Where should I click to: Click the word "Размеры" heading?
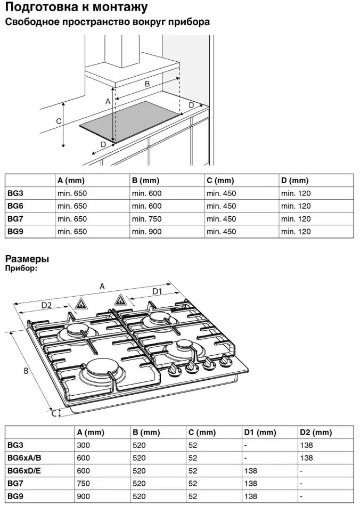27,259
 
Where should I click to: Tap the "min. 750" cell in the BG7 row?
146,219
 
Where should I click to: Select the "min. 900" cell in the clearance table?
146,232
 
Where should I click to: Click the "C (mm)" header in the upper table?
220,181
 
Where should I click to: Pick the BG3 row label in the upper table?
15,194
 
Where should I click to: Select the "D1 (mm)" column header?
260,432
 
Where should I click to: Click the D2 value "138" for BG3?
306,445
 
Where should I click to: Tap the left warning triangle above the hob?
81,304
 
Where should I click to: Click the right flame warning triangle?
120,300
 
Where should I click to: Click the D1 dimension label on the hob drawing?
158,291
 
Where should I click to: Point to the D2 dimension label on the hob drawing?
47,305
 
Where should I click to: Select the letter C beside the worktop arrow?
59,121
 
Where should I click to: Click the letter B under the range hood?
147,84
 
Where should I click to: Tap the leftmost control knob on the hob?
173,371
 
